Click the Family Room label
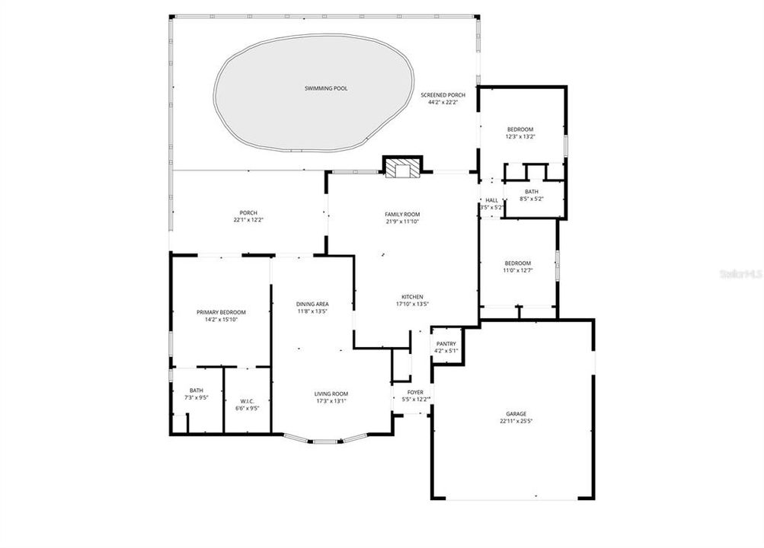click(x=401, y=215)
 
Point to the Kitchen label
click(x=412, y=297)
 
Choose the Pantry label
click(x=446, y=344)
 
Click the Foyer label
click(x=414, y=393)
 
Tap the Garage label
click(x=513, y=413)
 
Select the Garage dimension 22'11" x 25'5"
click(x=513, y=421)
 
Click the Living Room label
click(x=331, y=394)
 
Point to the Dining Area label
click(x=312, y=304)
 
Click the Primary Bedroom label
click(x=221, y=313)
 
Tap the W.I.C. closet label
click(x=246, y=401)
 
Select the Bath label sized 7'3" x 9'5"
click(x=197, y=390)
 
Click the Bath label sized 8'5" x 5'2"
click(x=531, y=192)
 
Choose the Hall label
click(x=491, y=200)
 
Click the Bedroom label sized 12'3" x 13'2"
click(x=520, y=129)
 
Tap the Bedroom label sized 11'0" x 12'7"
click(x=517, y=263)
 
